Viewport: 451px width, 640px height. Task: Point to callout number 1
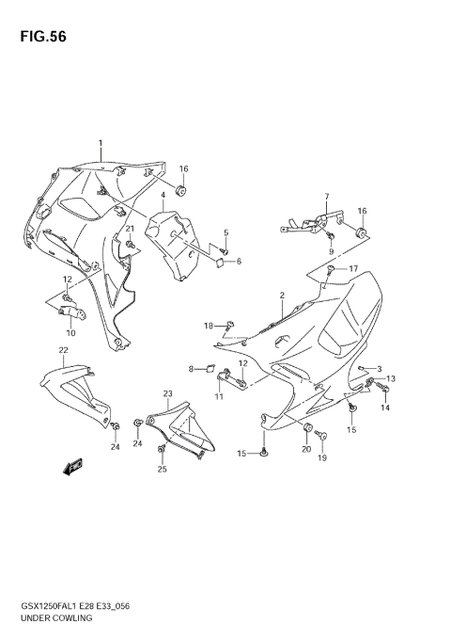(100, 144)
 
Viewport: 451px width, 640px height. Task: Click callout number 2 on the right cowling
(281, 296)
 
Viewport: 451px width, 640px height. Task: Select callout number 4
(163, 196)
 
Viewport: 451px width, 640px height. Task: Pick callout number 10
(70, 332)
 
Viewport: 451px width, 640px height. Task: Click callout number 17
(353, 269)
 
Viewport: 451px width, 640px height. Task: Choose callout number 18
(208, 326)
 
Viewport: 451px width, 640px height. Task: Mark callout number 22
(62, 350)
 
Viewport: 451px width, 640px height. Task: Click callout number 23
(167, 393)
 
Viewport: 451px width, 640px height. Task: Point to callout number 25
(162, 469)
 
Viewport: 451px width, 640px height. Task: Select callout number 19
(321, 458)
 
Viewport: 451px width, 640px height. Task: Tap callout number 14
(384, 408)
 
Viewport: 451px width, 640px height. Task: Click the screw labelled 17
(332, 270)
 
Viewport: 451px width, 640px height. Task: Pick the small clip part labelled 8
(210, 368)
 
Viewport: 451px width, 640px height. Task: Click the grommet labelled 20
(306, 428)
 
